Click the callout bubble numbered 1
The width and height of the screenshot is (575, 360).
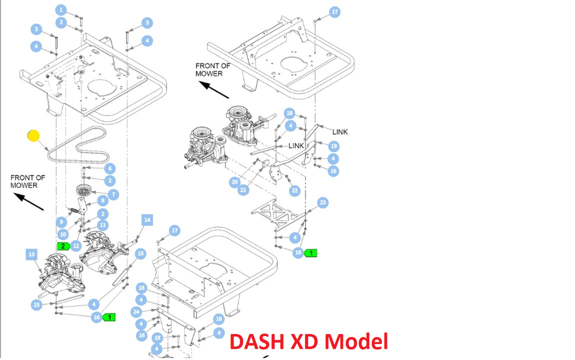[x=61, y=10]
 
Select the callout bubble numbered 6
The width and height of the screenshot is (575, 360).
[x=109, y=168]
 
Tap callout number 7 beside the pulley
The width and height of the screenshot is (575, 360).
[x=113, y=195]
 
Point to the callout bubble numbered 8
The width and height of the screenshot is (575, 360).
[x=102, y=200]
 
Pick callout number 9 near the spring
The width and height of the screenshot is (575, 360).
[x=62, y=222]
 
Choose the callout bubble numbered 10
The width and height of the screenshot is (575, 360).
[x=63, y=234]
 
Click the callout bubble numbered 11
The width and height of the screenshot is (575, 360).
[x=102, y=225]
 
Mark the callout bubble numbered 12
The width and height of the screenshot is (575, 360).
[x=76, y=245]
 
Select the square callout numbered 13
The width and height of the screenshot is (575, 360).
[x=31, y=255]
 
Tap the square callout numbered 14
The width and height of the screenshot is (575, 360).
[x=147, y=220]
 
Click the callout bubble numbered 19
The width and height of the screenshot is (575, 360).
[x=334, y=146]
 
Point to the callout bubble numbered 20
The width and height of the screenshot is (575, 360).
[x=235, y=182]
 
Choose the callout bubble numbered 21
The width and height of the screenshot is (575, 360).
[x=243, y=190]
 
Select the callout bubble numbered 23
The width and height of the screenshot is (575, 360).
[x=322, y=202]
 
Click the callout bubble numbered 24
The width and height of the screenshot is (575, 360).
[x=136, y=312]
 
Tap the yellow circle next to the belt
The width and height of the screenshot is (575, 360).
[x=34, y=136]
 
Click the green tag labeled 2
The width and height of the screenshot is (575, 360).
[x=63, y=246]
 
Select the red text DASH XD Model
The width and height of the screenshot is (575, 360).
[x=309, y=341]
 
